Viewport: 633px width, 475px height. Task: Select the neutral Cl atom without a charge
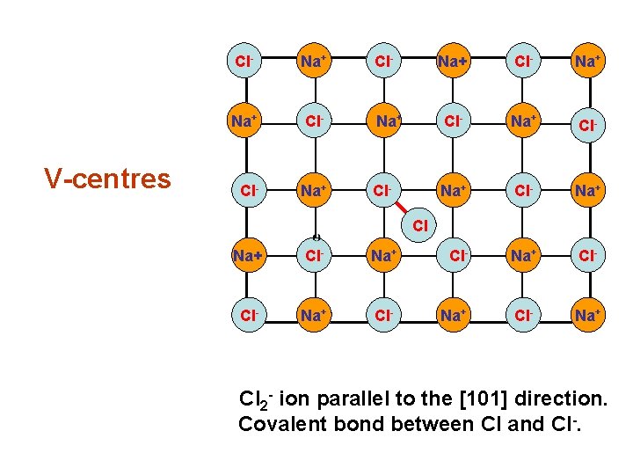pyautogui.click(x=420, y=226)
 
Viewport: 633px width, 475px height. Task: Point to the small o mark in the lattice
pyautogui.click(x=316, y=236)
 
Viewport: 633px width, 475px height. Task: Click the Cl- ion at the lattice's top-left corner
pyautogui.click(x=241, y=62)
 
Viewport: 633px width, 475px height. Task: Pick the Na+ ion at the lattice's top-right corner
pyautogui.click(x=586, y=62)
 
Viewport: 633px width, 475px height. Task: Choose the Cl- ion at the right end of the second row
pyautogui.click(x=586, y=124)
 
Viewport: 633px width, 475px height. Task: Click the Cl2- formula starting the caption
pyautogui.click(x=256, y=401)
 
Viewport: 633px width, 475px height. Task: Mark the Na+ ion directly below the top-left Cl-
pyautogui.click(x=241, y=124)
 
